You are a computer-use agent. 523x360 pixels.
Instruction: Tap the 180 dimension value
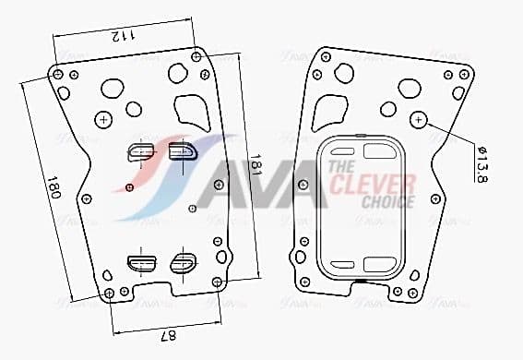(53, 192)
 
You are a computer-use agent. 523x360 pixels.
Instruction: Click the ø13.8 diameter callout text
(481, 164)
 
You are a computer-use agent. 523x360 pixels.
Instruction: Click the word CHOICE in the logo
(387, 201)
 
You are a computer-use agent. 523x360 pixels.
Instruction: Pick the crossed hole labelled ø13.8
(419, 119)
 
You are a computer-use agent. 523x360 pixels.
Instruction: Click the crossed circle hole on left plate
(104, 119)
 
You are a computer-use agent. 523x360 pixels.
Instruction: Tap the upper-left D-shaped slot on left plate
(141, 151)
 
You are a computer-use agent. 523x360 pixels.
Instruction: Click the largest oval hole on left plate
(112, 89)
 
